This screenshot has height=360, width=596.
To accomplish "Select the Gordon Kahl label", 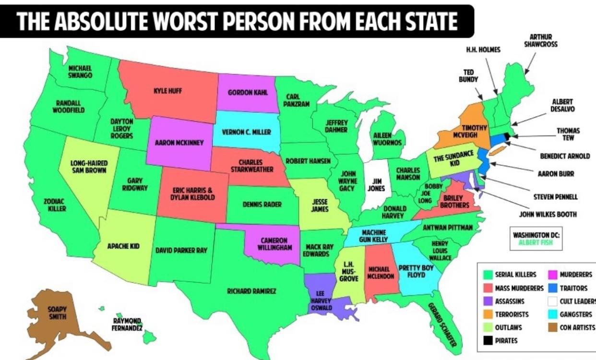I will (x=248, y=92).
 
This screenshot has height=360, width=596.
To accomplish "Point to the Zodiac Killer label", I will (x=55, y=205).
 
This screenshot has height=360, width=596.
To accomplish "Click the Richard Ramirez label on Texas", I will (x=251, y=290).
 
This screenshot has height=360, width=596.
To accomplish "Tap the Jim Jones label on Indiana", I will (x=376, y=185).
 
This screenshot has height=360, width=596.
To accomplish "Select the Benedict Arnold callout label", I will (x=565, y=156).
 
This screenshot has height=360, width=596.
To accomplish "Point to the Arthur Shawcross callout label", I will (x=540, y=40).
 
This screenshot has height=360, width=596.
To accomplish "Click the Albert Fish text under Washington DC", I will (x=536, y=242).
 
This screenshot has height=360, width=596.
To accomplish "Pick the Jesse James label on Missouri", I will (x=320, y=205).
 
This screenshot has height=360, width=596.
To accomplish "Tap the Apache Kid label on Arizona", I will (x=123, y=246).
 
